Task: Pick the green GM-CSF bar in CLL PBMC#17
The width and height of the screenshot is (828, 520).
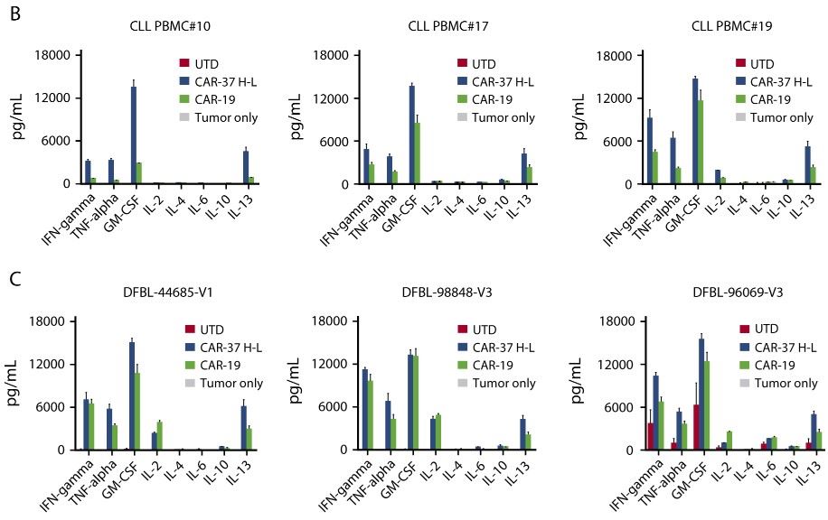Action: click(417, 153)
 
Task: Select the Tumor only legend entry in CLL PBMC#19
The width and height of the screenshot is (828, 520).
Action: click(782, 117)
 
